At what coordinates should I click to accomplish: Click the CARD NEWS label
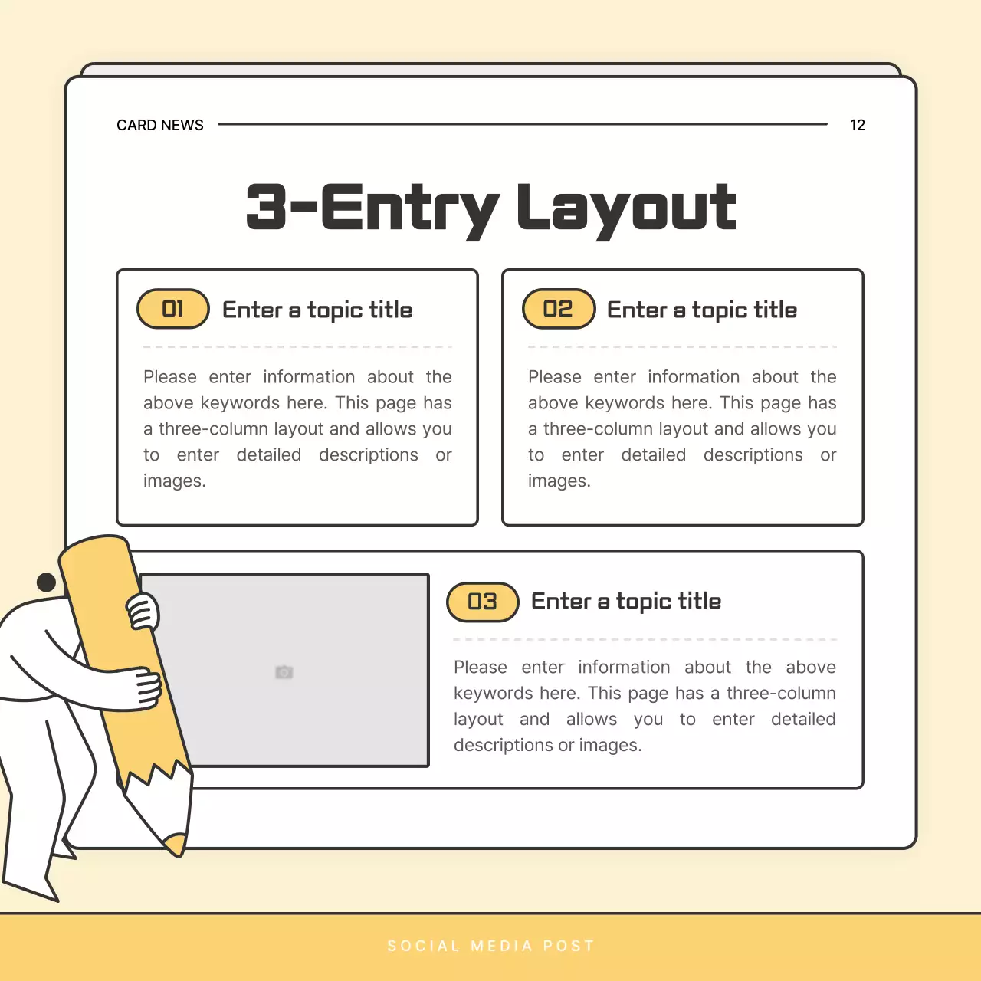[159, 125]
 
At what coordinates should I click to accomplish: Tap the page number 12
[857, 125]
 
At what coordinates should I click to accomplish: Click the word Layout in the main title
[626, 208]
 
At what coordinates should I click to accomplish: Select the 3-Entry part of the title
[372, 208]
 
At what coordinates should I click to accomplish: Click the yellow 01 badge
[173, 309]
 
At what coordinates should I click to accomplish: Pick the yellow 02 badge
[559, 309]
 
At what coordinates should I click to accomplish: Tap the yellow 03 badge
[483, 602]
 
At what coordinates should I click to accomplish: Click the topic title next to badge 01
[317, 310]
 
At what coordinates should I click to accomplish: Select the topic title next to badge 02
[702, 310]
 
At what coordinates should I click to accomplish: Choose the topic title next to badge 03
[626, 602]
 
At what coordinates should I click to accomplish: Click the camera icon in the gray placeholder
[284, 672]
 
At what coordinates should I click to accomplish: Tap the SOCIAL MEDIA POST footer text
[490, 946]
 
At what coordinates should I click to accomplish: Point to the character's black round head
[46, 582]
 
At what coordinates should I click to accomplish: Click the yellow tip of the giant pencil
[176, 844]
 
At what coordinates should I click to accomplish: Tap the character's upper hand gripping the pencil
[143, 612]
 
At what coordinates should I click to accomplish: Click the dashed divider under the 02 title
[682, 347]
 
